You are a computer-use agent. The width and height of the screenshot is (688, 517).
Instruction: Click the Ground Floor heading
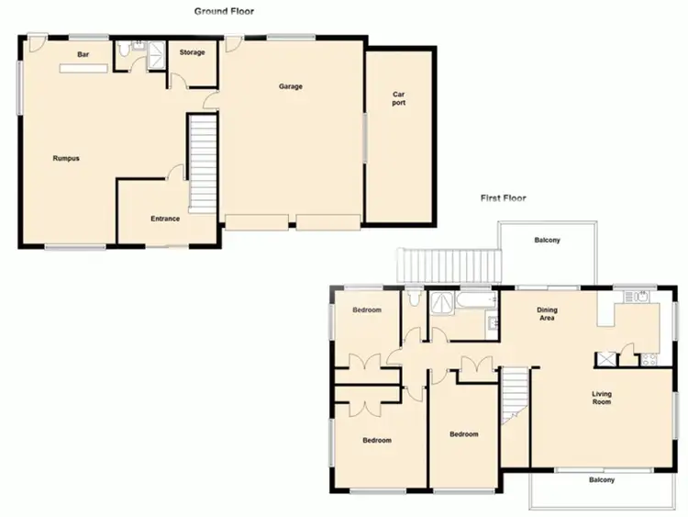(x=224, y=11)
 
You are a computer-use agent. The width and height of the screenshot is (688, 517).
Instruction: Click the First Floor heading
(x=504, y=197)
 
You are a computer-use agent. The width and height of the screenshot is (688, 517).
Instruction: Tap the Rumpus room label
(x=66, y=158)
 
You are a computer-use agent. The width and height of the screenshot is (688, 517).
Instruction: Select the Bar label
(x=83, y=55)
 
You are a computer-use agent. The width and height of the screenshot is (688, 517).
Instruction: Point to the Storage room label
(x=192, y=52)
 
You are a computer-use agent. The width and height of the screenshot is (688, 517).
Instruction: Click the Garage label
(x=291, y=86)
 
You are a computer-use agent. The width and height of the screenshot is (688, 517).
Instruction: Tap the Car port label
(x=399, y=98)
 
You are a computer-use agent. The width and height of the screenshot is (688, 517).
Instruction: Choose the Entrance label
(x=165, y=219)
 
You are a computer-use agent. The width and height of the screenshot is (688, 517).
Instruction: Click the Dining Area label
(x=547, y=315)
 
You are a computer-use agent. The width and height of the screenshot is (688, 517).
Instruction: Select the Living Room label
(x=601, y=399)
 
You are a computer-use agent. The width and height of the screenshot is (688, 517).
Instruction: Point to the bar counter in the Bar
(x=83, y=67)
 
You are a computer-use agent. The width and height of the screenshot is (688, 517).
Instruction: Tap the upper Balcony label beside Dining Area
(x=548, y=241)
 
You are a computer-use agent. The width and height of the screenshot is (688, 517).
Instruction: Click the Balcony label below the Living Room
(x=601, y=480)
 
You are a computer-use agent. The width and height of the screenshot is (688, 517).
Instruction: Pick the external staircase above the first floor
(x=449, y=266)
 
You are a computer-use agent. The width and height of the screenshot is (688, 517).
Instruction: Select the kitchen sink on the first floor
(x=637, y=296)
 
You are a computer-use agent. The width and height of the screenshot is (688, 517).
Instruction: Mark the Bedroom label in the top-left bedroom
(x=367, y=310)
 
